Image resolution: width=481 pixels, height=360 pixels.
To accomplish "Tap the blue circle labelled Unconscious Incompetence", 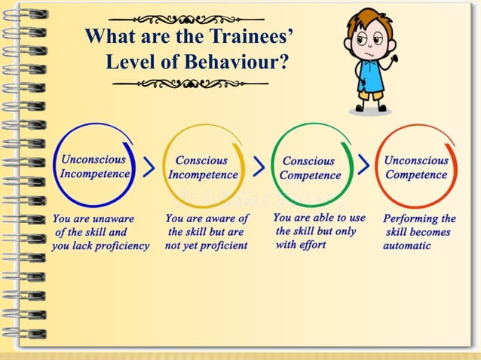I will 95,166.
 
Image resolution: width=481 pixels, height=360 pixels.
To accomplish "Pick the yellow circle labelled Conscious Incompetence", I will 202,167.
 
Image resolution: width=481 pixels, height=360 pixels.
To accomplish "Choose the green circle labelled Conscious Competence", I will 309,167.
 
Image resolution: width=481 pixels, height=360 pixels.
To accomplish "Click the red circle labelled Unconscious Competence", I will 415,166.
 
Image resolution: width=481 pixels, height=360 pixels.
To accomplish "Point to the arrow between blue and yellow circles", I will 149,167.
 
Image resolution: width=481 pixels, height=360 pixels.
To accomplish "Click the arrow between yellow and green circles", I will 259,167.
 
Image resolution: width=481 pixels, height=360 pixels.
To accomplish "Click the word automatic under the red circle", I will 406,246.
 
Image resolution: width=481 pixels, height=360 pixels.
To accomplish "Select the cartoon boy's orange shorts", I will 369,94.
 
